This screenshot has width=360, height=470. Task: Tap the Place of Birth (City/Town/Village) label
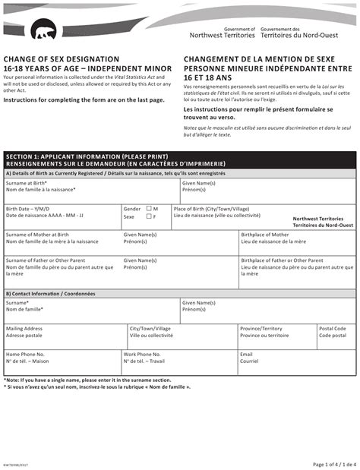(x=211, y=208)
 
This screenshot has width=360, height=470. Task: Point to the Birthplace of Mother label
(x=265, y=235)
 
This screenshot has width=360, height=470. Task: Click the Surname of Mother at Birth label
(x=42, y=235)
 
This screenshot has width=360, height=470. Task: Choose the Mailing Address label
(x=24, y=329)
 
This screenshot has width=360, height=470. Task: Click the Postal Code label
(x=333, y=329)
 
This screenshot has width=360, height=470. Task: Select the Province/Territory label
(x=261, y=329)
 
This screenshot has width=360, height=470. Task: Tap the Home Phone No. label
(x=26, y=354)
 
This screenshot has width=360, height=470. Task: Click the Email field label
(x=246, y=354)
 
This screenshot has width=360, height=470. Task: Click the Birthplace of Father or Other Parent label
(x=282, y=260)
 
